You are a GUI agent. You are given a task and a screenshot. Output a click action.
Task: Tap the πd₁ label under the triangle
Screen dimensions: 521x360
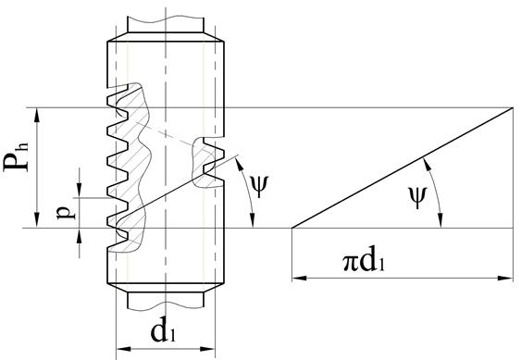point(364,262)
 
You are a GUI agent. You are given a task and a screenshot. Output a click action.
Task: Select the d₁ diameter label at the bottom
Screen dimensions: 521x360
point(163,331)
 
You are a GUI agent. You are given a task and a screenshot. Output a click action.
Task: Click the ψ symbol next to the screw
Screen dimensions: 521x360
point(258,186)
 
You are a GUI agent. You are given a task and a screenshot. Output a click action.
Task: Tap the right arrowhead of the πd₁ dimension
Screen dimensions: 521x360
point(506,278)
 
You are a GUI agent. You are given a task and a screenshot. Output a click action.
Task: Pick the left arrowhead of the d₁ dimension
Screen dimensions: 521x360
point(123,349)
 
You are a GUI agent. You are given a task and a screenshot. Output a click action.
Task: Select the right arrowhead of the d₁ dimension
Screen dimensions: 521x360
point(208,349)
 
